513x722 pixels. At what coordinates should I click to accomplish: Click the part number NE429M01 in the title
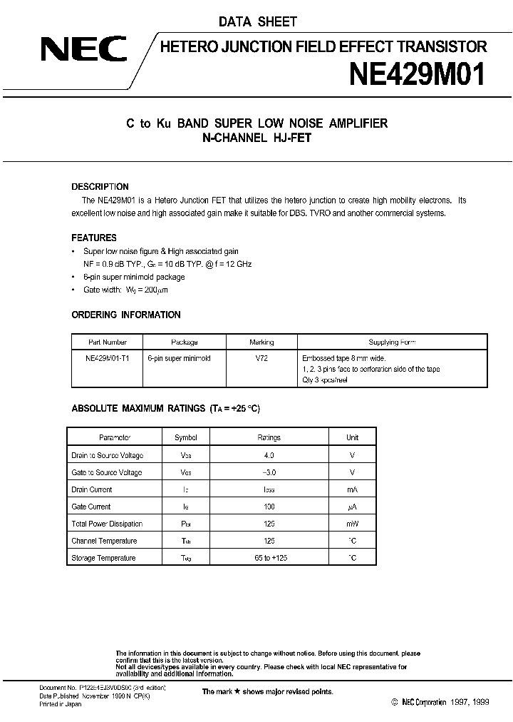tap(418, 74)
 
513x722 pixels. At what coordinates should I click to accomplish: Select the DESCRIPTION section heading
tap(100, 187)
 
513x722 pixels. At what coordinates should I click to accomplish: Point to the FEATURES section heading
tap(94, 238)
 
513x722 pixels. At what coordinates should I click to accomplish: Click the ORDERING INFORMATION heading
tap(126, 315)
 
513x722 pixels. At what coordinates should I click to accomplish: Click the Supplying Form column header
tap(392, 342)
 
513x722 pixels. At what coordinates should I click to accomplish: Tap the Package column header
tap(185, 342)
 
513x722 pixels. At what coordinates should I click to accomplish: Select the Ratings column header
tap(269, 437)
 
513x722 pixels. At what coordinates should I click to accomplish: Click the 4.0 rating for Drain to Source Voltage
tap(269, 455)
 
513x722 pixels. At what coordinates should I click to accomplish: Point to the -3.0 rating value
tap(269, 472)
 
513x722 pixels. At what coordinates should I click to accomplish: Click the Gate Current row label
tap(91, 507)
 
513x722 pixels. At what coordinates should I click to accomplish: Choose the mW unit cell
tap(352, 524)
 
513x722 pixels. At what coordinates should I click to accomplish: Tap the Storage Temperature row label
tap(103, 558)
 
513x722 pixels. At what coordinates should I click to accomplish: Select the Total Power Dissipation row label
tap(107, 524)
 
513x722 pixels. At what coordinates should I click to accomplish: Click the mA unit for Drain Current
tap(352, 489)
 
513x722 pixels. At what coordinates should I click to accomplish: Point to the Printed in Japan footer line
tap(61, 704)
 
